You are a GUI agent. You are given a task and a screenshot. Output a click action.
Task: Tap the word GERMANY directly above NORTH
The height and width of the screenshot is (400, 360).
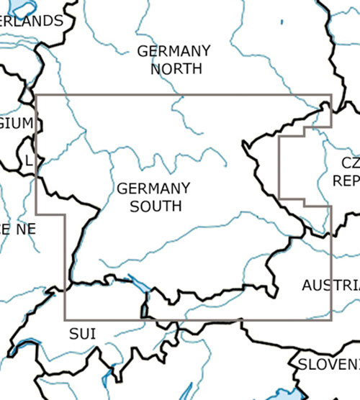(174, 52)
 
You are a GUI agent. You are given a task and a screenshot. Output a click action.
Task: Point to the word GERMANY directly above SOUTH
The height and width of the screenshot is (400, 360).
(153, 188)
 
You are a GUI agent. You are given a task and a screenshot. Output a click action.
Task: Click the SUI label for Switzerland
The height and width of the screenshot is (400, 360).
(82, 332)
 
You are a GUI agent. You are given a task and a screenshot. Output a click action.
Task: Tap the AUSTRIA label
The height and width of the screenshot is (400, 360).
(330, 285)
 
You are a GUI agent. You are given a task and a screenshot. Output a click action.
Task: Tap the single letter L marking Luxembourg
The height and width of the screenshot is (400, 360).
(28, 161)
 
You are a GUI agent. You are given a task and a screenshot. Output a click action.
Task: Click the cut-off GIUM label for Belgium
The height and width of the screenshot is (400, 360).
(16, 123)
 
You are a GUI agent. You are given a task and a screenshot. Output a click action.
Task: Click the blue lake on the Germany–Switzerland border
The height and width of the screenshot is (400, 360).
(140, 283)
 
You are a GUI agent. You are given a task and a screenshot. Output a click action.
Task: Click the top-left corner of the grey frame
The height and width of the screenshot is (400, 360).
(37, 95)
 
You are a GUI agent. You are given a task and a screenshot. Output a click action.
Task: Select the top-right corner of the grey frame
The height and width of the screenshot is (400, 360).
(330, 95)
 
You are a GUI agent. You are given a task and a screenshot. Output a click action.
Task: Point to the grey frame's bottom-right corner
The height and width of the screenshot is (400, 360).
(330, 319)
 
